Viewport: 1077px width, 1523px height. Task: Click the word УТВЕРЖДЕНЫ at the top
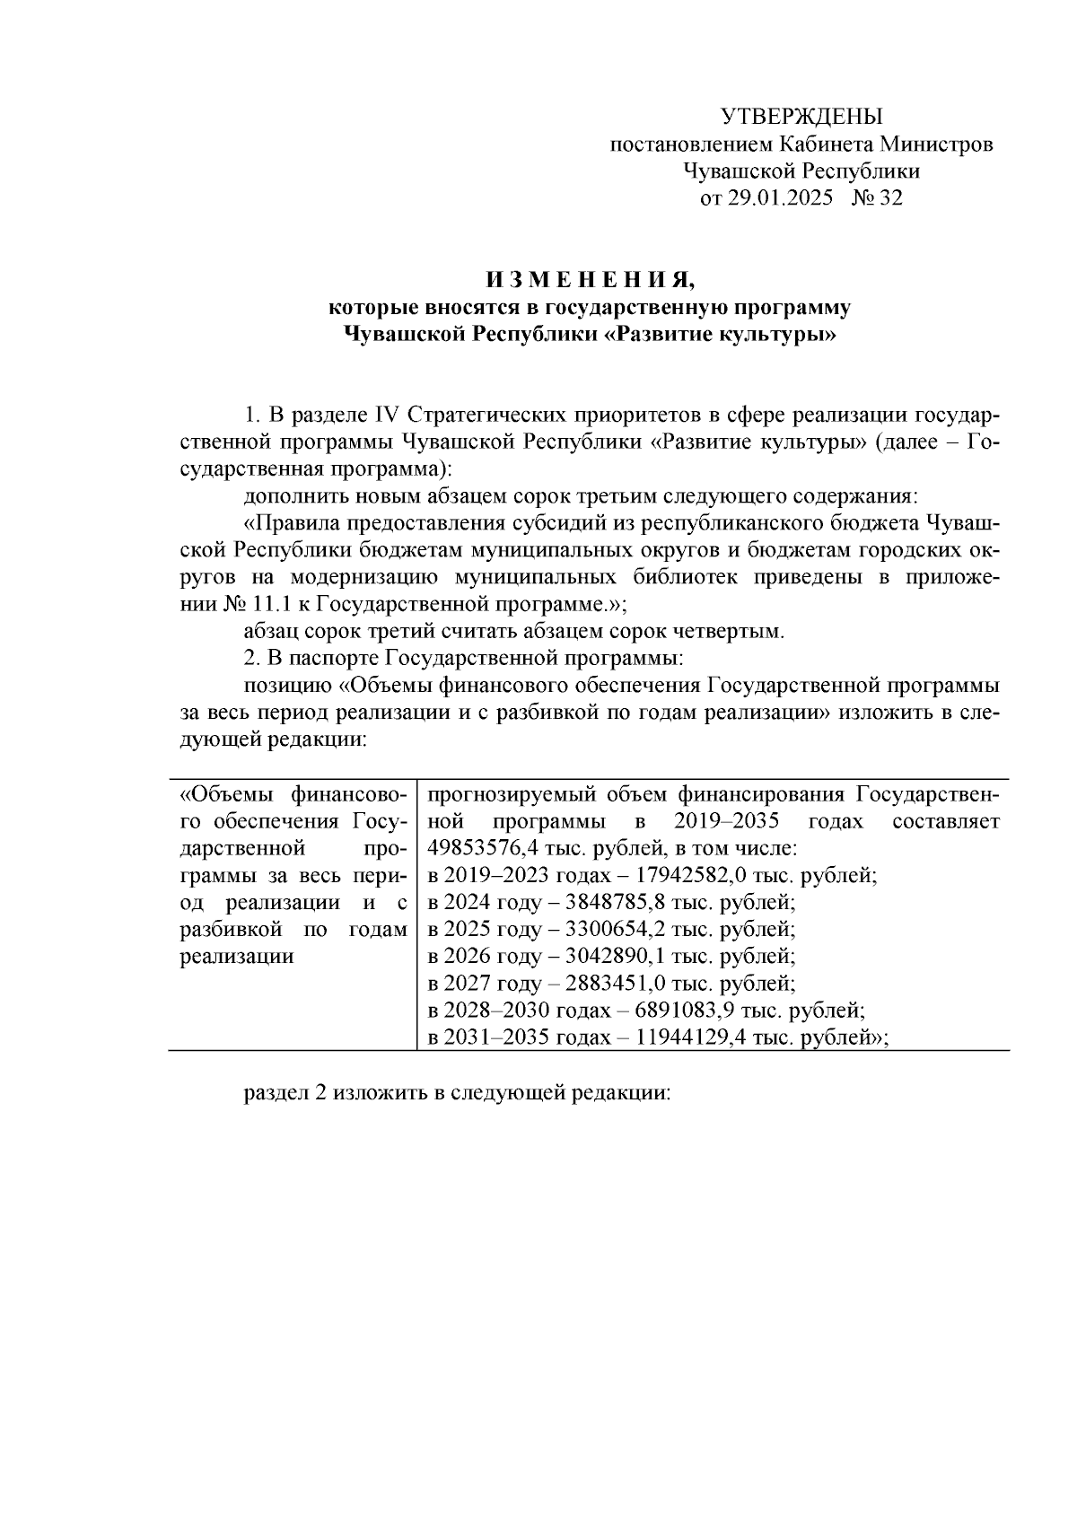click(802, 116)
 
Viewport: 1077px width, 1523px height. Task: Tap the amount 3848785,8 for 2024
click(604, 903)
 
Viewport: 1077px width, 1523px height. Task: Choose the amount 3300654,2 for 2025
click(604, 930)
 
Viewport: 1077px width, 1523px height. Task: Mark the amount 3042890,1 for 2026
click(604, 957)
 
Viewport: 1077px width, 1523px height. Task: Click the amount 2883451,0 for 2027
click(604, 984)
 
